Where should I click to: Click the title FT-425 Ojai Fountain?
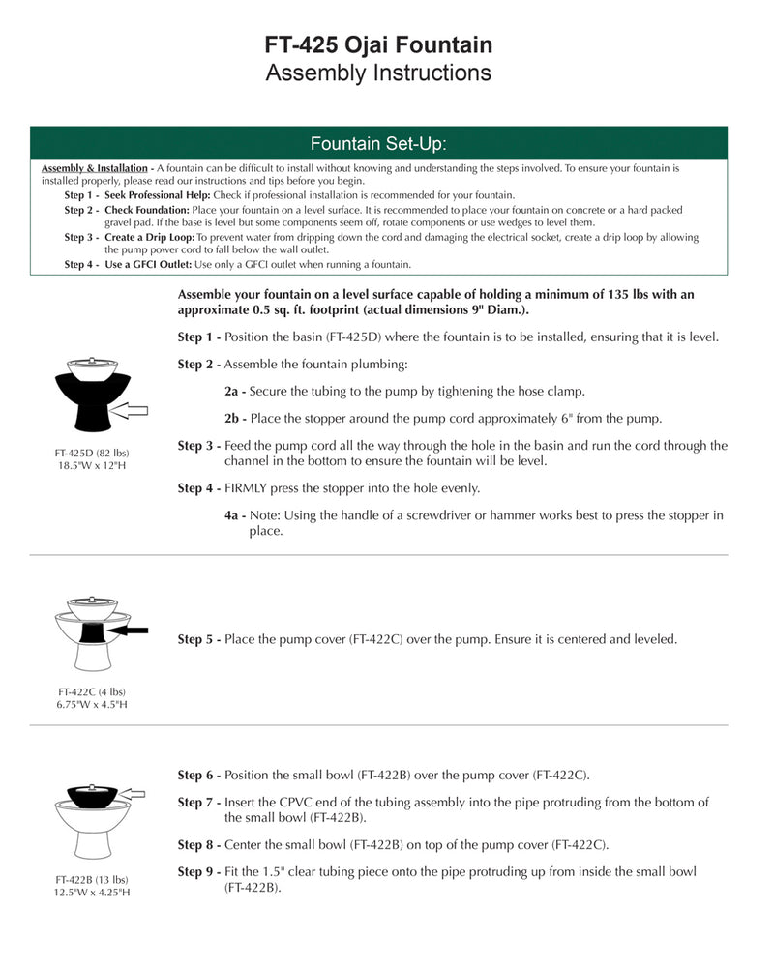[378, 44]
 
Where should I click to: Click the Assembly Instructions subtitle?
[378, 73]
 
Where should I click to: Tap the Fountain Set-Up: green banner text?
[378, 144]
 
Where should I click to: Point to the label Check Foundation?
[147, 210]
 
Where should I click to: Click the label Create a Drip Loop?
[150, 237]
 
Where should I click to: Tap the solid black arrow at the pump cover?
[129, 630]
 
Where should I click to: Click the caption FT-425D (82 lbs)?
[92, 453]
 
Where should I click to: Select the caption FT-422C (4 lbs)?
[92, 691]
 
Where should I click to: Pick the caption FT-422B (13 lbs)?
[92, 880]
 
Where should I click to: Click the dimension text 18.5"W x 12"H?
[92, 466]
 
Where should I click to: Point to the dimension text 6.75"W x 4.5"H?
[92, 705]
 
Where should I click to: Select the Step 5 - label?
[198, 639]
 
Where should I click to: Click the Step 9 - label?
[198, 872]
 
